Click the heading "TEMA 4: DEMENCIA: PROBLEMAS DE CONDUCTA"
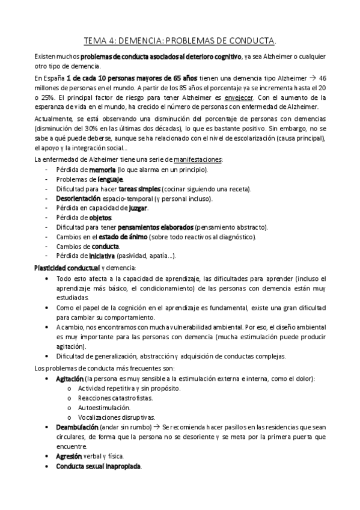click(x=179, y=41)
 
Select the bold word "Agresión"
click(x=68, y=456)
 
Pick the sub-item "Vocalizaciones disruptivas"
click(x=116, y=417)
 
